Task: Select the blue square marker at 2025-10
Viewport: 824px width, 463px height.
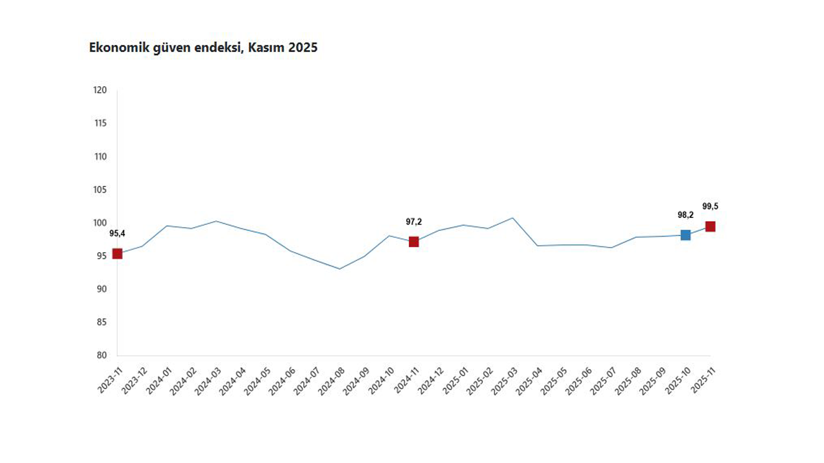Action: (686, 235)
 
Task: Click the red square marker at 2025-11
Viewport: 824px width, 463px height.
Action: (710, 226)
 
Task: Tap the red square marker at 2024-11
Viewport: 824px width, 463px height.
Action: (413, 242)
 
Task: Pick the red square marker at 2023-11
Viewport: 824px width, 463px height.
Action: (117, 253)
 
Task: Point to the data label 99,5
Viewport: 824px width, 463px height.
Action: (710, 206)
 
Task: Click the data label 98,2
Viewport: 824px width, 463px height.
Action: (686, 215)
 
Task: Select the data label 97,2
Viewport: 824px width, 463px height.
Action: (413, 222)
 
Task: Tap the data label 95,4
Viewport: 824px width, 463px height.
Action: (117, 233)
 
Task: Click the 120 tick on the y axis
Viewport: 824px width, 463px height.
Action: (100, 90)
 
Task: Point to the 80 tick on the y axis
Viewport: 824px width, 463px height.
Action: (101, 356)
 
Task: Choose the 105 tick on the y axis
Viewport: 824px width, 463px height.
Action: (100, 190)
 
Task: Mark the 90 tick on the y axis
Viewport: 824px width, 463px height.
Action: (101, 289)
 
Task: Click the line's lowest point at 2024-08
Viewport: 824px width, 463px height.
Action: (339, 269)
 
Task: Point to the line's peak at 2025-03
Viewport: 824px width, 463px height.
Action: (512, 218)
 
